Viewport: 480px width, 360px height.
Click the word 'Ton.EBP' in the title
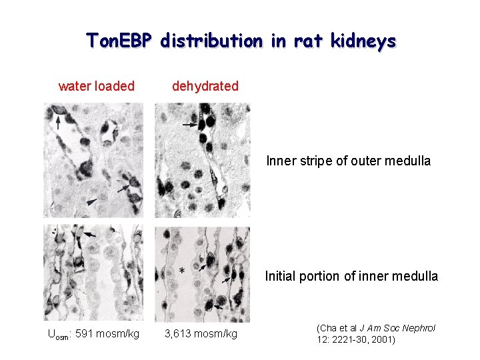120,41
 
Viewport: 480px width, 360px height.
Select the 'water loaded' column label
97,86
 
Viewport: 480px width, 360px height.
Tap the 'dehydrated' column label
205,86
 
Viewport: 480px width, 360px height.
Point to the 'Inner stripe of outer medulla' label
348,161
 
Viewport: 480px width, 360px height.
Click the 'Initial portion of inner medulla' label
351,276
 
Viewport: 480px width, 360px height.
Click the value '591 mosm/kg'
107,333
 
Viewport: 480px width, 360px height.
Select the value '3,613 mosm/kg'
201,333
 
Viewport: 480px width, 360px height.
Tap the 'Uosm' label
59,334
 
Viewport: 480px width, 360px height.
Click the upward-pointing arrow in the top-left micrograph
58,122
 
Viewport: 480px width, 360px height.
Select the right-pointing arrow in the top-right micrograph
190,125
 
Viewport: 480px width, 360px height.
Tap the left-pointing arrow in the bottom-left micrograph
89,235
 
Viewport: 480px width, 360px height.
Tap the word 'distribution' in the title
211,41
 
